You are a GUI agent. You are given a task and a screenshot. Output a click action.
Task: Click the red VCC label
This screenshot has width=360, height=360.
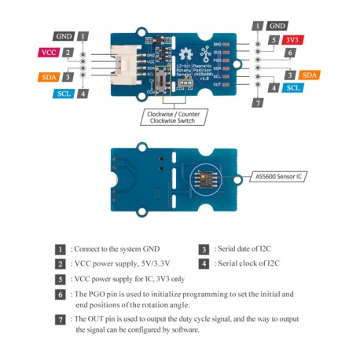pyautogui.click(x=48, y=52)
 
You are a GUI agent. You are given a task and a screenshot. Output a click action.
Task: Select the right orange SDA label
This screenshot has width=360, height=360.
pyautogui.click(x=310, y=75)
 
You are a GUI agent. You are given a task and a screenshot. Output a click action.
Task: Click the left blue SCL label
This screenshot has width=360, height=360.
pyautogui.click(x=64, y=94)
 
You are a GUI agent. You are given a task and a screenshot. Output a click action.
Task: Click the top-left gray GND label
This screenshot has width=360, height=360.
pyautogui.click(x=64, y=36)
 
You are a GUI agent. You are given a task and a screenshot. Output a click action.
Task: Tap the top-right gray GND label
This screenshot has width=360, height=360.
pyautogui.click(x=277, y=26)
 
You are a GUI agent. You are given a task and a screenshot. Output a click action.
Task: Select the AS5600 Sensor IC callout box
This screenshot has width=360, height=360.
pyautogui.click(x=279, y=178)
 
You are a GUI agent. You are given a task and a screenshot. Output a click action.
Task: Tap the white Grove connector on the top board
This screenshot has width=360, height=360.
pyautogui.click(x=127, y=64)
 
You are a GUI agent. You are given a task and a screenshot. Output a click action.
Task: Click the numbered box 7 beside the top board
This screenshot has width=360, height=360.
pyautogui.click(x=257, y=103)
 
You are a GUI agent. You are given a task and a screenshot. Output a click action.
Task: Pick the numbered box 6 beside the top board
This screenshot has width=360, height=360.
pyautogui.click(x=290, y=53)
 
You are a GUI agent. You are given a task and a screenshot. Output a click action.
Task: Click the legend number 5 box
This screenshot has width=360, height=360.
pyautogui.click(x=60, y=279)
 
